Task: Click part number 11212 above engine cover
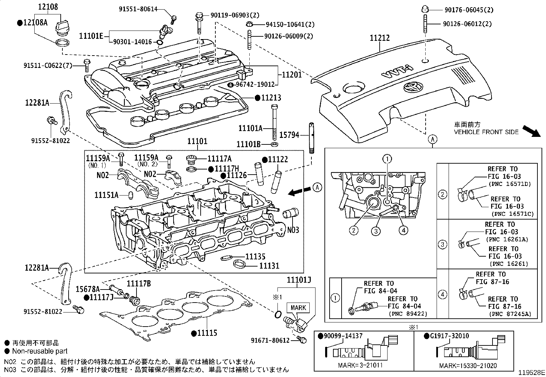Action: point(380,38)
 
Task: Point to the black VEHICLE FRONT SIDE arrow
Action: point(531,131)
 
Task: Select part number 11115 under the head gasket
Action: point(207,333)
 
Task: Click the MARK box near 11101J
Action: point(298,308)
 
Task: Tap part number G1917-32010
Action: point(449,336)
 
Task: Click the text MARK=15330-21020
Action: point(468,366)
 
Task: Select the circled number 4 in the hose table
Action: point(442,294)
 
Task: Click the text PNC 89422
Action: point(408,314)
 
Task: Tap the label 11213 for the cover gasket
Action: point(271,98)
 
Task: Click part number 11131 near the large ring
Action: point(269,266)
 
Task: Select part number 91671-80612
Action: point(270,340)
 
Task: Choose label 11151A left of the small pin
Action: point(107,195)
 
